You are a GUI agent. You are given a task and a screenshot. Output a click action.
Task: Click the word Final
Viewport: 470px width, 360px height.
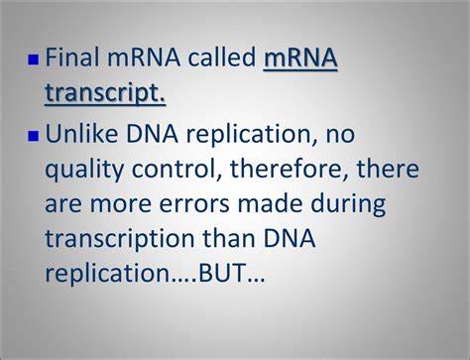pos(73,60)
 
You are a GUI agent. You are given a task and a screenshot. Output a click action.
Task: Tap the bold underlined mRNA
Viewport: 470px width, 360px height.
pos(300,60)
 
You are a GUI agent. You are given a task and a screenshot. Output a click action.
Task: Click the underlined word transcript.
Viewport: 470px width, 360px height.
pos(105,93)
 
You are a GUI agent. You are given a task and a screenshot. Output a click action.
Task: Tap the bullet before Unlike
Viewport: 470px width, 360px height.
pos(34,134)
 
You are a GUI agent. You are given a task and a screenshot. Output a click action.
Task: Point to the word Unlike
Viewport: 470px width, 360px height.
pos(80,134)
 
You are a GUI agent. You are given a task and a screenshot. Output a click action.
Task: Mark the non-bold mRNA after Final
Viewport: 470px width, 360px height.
pos(145,60)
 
